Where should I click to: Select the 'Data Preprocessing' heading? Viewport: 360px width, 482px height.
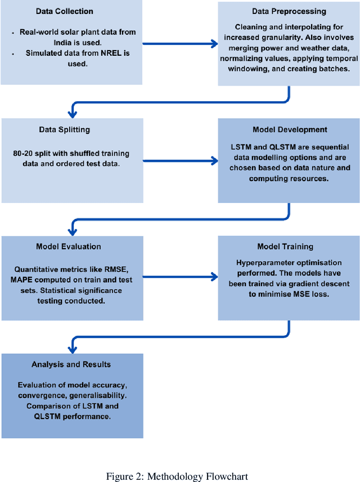tap(288, 11)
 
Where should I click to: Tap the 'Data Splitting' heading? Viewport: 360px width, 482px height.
tap(64, 129)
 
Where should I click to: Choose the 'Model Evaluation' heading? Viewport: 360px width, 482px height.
tap(69, 246)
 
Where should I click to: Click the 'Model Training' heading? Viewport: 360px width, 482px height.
tap(289, 246)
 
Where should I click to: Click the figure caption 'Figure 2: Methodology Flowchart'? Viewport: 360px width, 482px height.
tap(177, 476)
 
